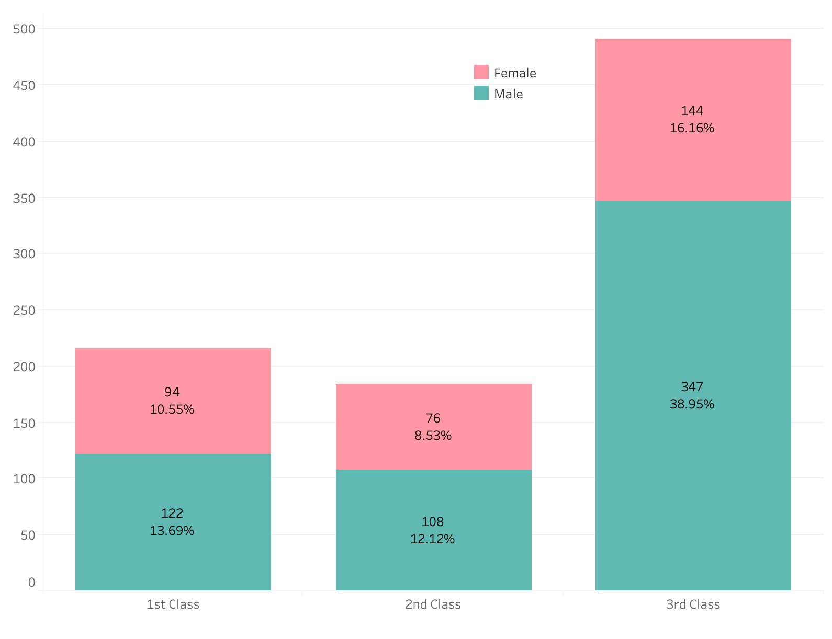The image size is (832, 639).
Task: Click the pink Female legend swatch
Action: click(x=481, y=72)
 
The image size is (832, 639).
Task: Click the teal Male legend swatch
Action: click(x=481, y=94)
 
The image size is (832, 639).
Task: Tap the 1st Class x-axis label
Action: click(x=173, y=604)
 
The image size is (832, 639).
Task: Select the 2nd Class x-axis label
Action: click(x=433, y=604)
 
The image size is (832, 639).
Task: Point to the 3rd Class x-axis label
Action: click(x=693, y=604)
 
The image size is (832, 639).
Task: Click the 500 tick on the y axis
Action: click(x=24, y=29)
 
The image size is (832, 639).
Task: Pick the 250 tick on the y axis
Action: click(x=24, y=310)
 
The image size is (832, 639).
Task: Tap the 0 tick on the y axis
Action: click(x=32, y=583)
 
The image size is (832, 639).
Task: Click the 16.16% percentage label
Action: click(x=692, y=128)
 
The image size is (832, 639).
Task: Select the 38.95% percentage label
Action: click(x=692, y=404)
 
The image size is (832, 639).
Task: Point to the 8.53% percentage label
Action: click(x=433, y=436)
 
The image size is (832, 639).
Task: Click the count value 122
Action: click(x=172, y=513)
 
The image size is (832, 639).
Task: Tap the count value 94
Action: click(x=172, y=392)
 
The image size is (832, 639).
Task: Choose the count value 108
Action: click(x=433, y=521)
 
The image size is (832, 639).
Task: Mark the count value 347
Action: click(x=692, y=387)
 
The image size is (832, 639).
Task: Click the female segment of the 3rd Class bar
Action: click(x=693, y=120)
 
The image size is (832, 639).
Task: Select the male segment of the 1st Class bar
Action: click(x=173, y=522)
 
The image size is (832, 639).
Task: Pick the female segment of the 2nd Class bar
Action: click(x=434, y=427)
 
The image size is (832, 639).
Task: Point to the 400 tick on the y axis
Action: click(x=24, y=142)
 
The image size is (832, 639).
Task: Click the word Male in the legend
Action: click(x=509, y=94)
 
